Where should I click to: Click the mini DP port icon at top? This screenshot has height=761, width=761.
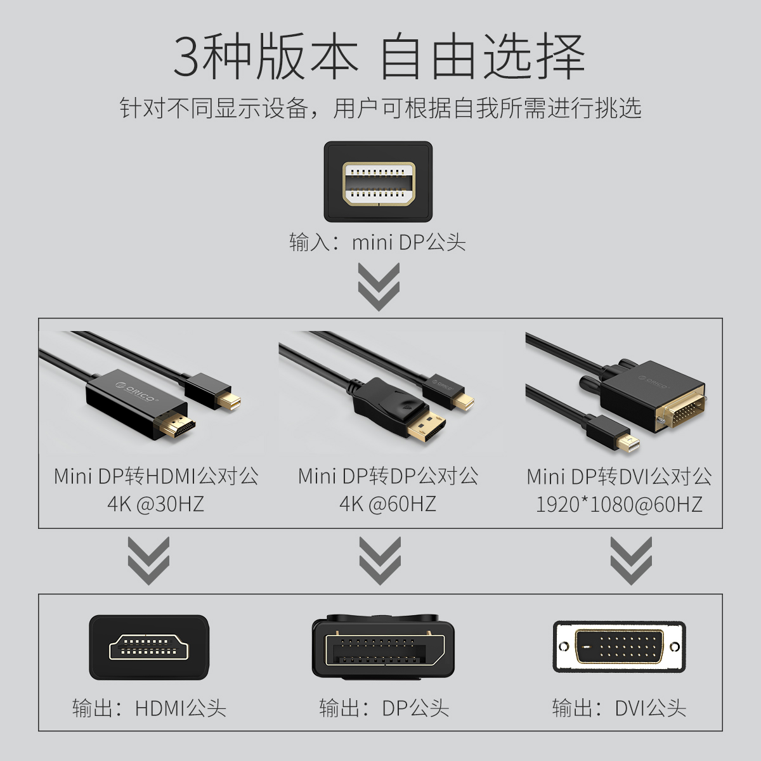click(x=379, y=181)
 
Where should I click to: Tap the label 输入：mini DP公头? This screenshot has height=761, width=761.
click(x=377, y=242)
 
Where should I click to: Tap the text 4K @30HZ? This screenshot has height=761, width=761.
click(x=156, y=504)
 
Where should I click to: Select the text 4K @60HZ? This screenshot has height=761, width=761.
click(x=388, y=504)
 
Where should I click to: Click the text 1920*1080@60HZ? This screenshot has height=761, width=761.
click(x=619, y=505)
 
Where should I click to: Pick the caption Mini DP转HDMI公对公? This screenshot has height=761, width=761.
click(x=157, y=476)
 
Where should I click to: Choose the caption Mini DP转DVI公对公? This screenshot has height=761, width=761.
click(x=619, y=477)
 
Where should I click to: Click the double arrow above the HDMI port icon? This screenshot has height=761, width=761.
click(x=148, y=561)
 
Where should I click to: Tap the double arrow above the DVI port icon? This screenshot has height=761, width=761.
click(x=631, y=561)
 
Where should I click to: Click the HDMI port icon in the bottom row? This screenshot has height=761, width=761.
click(x=149, y=647)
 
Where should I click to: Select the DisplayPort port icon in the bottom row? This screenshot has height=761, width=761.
click(x=383, y=646)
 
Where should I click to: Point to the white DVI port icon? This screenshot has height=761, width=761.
click(x=619, y=646)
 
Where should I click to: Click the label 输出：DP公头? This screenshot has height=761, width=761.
click(x=384, y=708)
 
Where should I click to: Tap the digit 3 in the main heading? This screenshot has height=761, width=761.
click(x=186, y=56)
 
